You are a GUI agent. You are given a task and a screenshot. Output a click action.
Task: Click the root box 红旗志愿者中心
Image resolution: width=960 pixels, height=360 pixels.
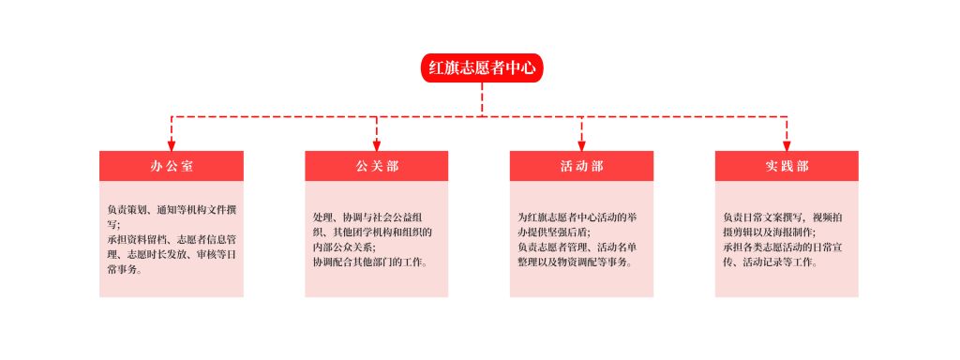482,67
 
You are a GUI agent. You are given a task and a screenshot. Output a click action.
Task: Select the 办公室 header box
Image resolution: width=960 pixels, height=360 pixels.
172,166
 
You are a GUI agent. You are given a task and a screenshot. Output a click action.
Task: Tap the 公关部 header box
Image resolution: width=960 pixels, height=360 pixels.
377,166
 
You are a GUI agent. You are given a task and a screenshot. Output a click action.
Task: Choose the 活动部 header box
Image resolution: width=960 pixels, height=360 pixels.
581,166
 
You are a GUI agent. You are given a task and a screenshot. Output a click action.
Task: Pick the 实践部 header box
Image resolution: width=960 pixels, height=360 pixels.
787,166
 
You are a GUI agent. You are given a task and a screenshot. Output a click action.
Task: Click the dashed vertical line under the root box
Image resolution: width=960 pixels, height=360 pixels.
482,99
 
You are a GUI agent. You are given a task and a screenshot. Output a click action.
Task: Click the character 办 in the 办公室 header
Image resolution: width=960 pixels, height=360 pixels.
156,166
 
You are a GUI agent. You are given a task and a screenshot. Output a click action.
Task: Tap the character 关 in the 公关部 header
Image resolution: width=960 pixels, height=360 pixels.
377,166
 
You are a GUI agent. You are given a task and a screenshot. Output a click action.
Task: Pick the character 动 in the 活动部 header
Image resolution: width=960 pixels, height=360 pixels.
581,166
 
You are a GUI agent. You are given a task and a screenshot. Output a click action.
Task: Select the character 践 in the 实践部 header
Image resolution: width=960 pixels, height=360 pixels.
787,166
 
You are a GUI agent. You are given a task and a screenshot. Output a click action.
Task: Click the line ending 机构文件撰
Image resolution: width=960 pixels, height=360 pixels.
172,210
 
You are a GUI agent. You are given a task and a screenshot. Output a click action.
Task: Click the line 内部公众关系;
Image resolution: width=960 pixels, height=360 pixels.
344,247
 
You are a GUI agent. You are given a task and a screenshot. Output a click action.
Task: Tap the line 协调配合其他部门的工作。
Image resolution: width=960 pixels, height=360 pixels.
370,262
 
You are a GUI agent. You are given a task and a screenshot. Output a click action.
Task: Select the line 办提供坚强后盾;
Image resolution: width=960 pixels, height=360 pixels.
554,232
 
